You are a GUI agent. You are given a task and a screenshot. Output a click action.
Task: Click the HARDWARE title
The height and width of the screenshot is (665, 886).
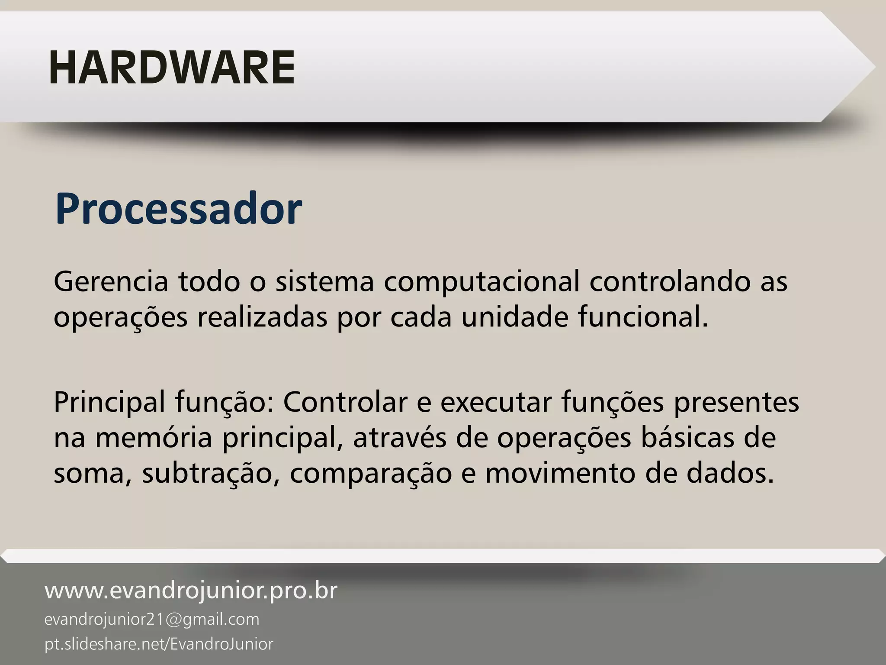click(x=172, y=68)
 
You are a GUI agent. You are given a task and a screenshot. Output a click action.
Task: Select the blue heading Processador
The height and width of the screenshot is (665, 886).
click(x=178, y=210)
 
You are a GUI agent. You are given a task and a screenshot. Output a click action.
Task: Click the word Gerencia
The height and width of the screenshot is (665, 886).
click(x=111, y=282)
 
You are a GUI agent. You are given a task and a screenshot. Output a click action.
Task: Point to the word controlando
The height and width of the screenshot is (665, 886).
click(x=670, y=282)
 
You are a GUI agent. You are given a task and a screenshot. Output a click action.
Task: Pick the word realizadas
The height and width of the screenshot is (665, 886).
click(x=262, y=317)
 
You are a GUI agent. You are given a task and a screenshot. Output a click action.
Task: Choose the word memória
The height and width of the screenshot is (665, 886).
click(x=154, y=438)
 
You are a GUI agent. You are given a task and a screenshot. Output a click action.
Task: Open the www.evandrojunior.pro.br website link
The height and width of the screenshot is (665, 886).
click(x=191, y=591)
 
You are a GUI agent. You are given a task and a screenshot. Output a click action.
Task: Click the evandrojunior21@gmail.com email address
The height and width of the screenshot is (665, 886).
click(x=152, y=620)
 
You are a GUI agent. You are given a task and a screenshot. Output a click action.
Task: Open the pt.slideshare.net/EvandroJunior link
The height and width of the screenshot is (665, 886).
click(x=159, y=644)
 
